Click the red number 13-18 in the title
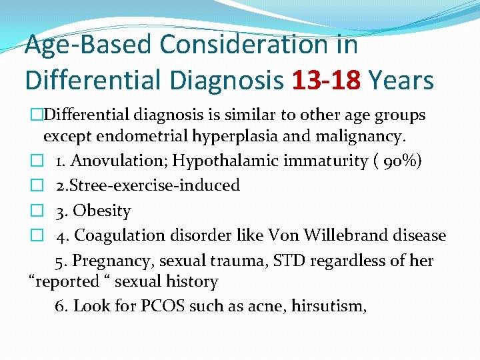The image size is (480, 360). pyautogui.click(x=327, y=81)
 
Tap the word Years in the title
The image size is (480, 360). pyautogui.click(x=401, y=81)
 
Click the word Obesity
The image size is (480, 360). pyautogui.click(x=102, y=211)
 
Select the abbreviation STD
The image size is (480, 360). pyautogui.click(x=282, y=260)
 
